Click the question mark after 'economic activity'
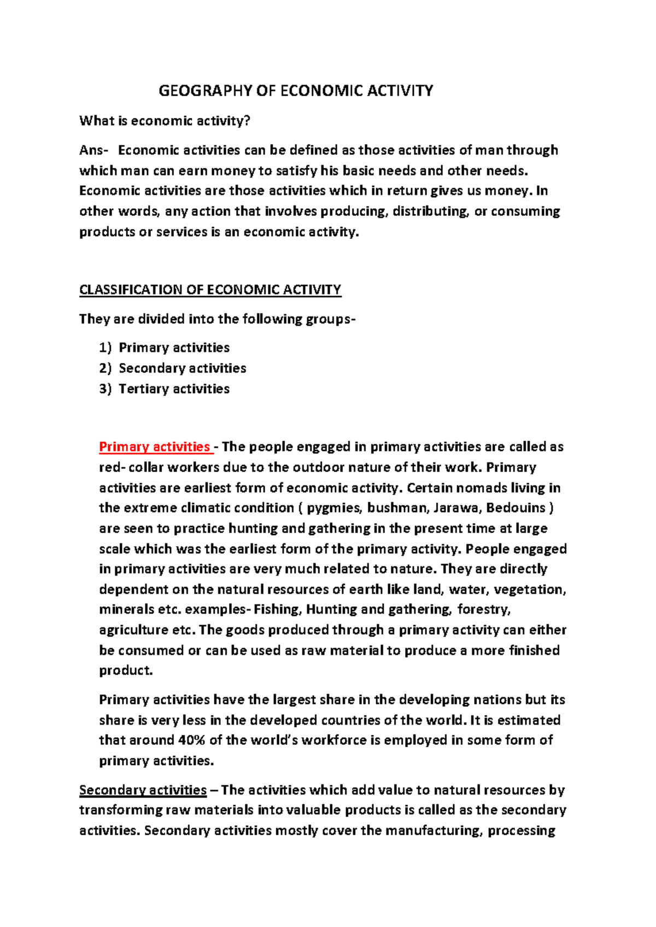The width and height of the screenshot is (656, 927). (x=247, y=121)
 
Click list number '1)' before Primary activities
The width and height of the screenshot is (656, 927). (x=105, y=348)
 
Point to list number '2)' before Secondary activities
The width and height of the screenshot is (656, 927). (x=105, y=368)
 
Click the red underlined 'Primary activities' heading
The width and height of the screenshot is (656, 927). (x=155, y=447)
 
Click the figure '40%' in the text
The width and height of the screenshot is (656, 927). (x=191, y=741)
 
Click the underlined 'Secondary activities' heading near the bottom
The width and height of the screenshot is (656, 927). (x=143, y=790)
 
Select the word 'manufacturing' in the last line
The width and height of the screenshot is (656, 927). (x=434, y=831)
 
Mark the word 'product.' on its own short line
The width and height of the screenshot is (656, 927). (x=126, y=671)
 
